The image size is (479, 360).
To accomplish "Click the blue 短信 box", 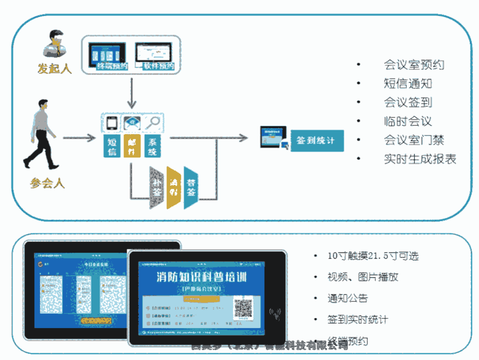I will tap(112, 146).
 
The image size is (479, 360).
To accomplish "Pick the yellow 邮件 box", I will tap(132, 146).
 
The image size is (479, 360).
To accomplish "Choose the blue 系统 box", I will tap(153, 146).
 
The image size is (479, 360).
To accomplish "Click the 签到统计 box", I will tap(316, 141).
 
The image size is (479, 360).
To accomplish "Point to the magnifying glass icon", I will tap(153, 122).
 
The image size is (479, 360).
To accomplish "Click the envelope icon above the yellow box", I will tap(132, 123).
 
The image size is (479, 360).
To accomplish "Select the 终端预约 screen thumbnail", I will tap(107, 55).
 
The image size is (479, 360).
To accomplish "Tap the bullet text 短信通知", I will tap(408, 83).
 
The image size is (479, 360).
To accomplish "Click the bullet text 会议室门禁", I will tap(414, 140).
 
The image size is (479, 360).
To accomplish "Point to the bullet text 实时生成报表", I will tap(420, 158).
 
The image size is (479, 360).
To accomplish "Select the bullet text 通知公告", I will tap(348, 298).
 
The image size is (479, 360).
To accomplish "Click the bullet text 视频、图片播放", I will tap(363, 277).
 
